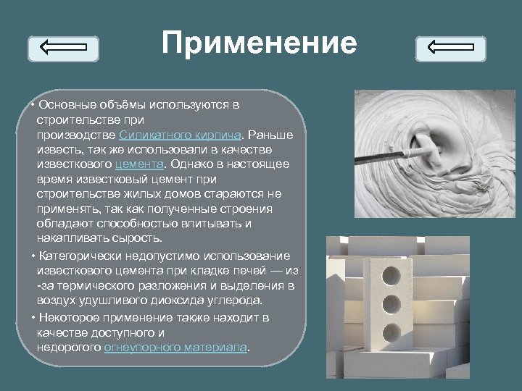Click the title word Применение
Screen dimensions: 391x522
point(260,43)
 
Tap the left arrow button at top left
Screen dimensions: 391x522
point(62,49)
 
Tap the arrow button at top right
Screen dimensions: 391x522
point(450,49)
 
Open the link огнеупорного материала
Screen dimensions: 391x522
point(175,347)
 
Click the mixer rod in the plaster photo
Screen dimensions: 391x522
point(391,152)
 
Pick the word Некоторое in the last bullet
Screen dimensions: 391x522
point(70,317)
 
